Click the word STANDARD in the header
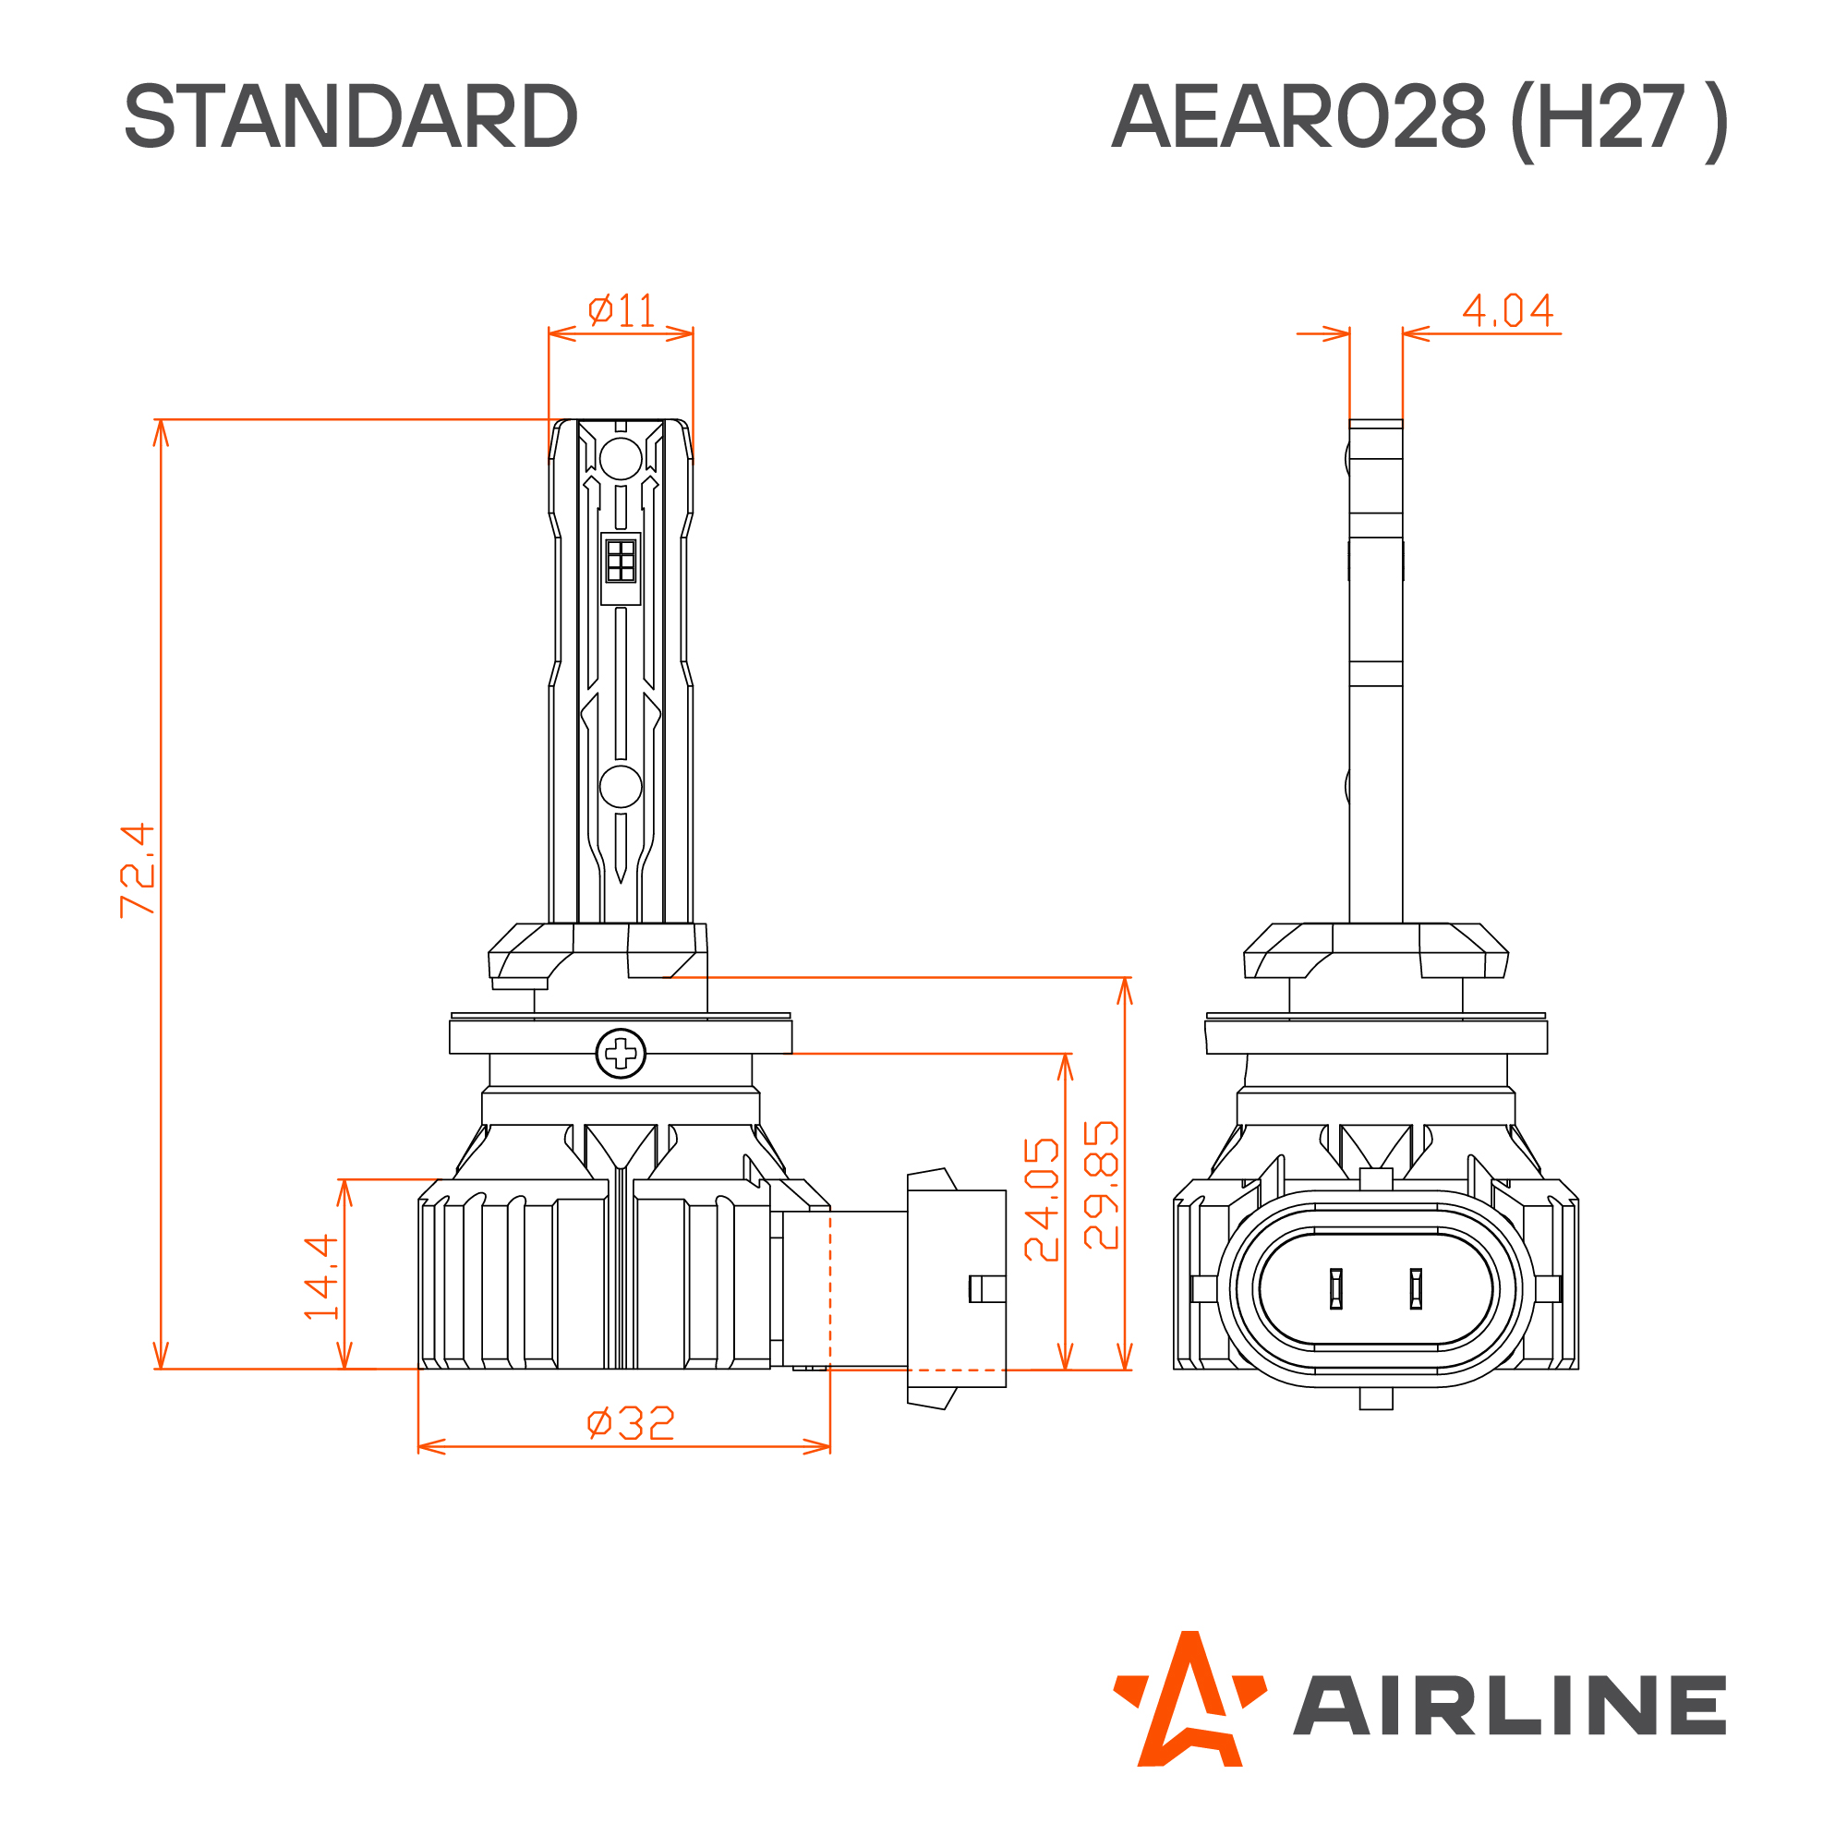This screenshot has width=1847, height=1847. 351,116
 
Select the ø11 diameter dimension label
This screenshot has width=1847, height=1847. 622,309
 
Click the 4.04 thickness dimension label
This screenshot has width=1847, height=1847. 1508,309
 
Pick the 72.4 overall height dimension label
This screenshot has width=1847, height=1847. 138,870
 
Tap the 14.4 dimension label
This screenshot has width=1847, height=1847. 321,1277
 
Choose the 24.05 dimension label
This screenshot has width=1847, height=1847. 1042,1200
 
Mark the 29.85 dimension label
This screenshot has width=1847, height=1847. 1102,1186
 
